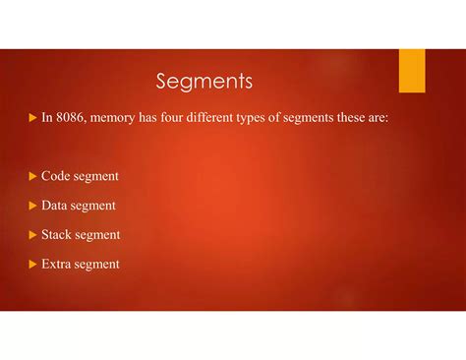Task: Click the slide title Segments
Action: [x=204, y=80]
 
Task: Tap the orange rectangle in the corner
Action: [x=412, y=70]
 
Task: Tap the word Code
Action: [x=56, y=176]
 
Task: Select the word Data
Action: [x=56, y=206]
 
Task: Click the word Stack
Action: [x=57, y=235]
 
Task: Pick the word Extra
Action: [x=58, y=264]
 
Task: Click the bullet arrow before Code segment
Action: [x=31, y=176]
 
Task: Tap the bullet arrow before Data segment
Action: [x=31, y=206]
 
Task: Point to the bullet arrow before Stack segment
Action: [x=31, y=235]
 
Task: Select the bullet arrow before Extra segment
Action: [x=31, y=265]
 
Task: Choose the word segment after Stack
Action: [x=99, y=235]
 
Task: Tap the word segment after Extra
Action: [x=98, y=264]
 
